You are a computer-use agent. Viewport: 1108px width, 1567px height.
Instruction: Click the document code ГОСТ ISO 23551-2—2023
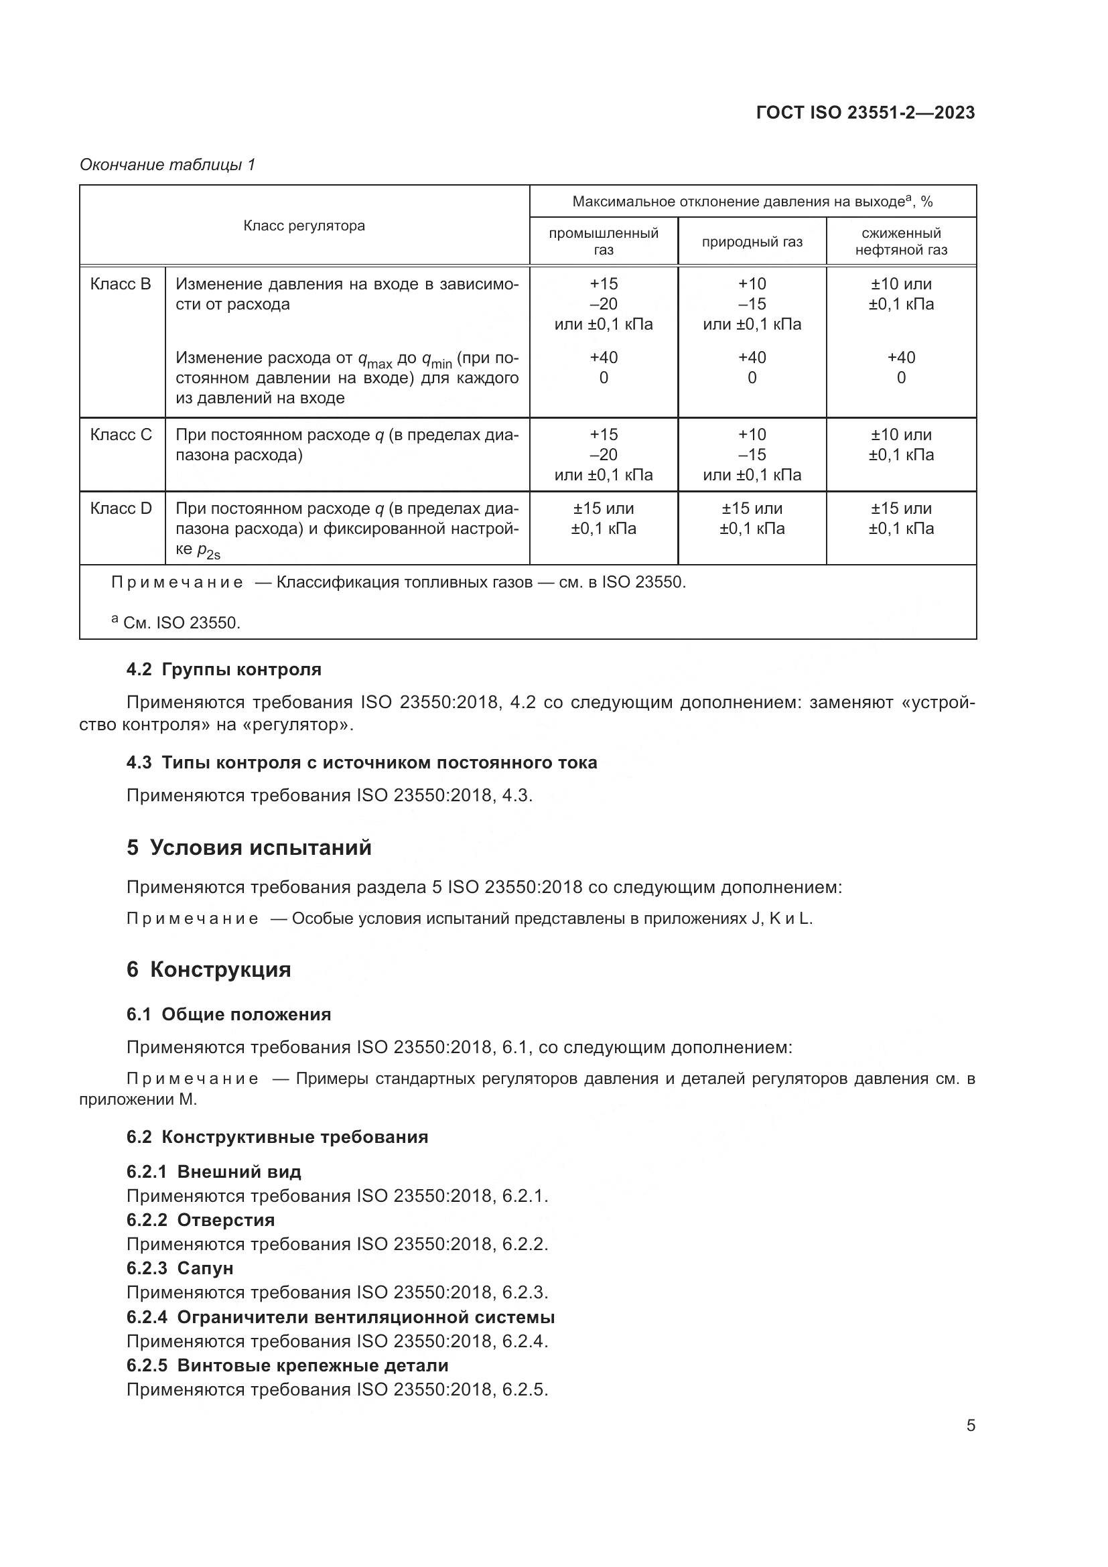click(x=865, y=113)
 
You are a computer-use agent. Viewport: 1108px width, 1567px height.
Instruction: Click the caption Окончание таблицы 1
click(x=167, y=165)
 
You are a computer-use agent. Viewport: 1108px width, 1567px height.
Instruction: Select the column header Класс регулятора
click(x=303, y=226)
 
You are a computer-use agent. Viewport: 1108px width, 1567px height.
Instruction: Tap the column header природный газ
click(x=752, y=242)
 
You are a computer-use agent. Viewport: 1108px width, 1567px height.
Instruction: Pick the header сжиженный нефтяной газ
click(x=900, y=242)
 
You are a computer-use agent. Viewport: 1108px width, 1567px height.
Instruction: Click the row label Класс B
click(x=121, y=284)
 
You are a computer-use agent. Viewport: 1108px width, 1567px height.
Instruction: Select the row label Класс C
click(x=121, y=435)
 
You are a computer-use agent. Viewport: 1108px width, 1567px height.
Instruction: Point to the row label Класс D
click(x=121, y=508)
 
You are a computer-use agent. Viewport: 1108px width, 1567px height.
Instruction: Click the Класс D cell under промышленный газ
click(x=603, y=518)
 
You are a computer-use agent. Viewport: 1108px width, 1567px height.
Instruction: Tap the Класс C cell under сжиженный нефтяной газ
click(x=900, y=444)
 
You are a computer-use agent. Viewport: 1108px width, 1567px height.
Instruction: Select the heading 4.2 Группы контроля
click(x=224, y=669)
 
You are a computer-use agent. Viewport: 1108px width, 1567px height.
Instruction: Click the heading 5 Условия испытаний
click(x=249, y=847)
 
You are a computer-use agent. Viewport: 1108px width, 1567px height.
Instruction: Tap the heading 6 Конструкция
click(x=209, y=970)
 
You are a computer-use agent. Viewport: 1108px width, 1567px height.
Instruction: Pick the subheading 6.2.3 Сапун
click(x=180, y=1268)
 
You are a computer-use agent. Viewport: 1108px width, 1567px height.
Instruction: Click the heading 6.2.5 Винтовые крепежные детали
click(x=287, y=1365)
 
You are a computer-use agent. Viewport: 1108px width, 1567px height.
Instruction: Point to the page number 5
click(x=971, y=1426)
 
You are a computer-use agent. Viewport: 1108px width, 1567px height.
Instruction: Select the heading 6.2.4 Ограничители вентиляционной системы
click(x=340, y=1317)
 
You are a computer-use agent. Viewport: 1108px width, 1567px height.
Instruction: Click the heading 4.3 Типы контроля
click(x=362, y=762)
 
